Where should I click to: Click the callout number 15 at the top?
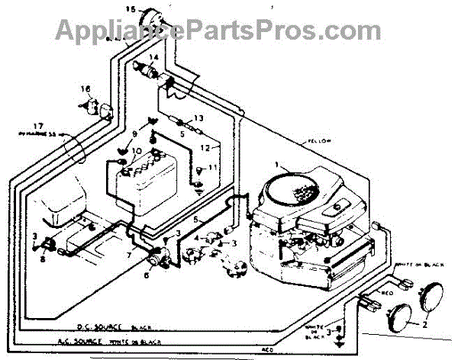(129, 10)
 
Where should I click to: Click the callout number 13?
(198, 119)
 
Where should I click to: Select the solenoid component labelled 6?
(161, 257)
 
